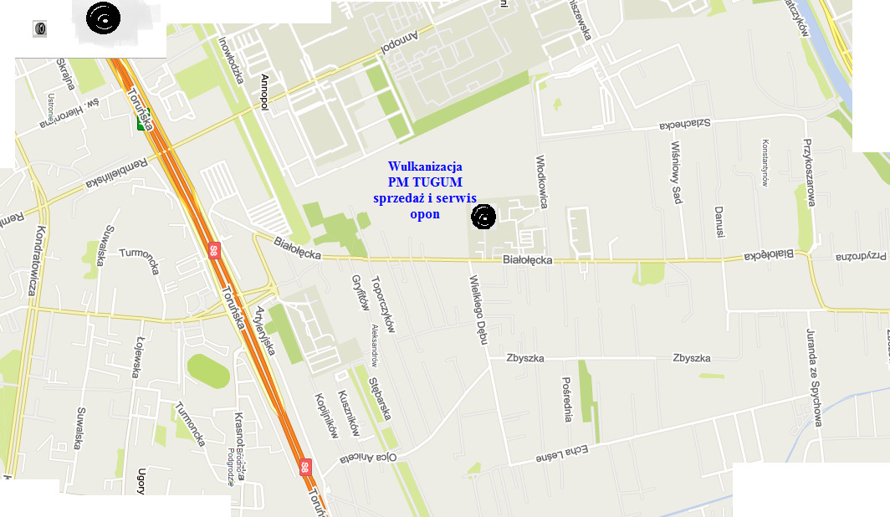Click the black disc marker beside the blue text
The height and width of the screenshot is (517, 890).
coord(483,218)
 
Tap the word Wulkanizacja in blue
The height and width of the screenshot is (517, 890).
coord(425,166)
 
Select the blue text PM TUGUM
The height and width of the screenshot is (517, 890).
coord(425,182)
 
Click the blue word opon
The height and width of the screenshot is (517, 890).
coord(425,213)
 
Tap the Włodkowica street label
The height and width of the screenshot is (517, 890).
coord(541,181)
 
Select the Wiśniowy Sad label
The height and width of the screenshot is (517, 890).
coord(677,171)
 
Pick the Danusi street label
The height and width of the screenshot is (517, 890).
coord(718,222)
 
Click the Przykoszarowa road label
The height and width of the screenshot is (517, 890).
coord(809,172)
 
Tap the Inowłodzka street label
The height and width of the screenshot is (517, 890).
coord(230,59)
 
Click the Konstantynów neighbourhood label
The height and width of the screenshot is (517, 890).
coord(764,161)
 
